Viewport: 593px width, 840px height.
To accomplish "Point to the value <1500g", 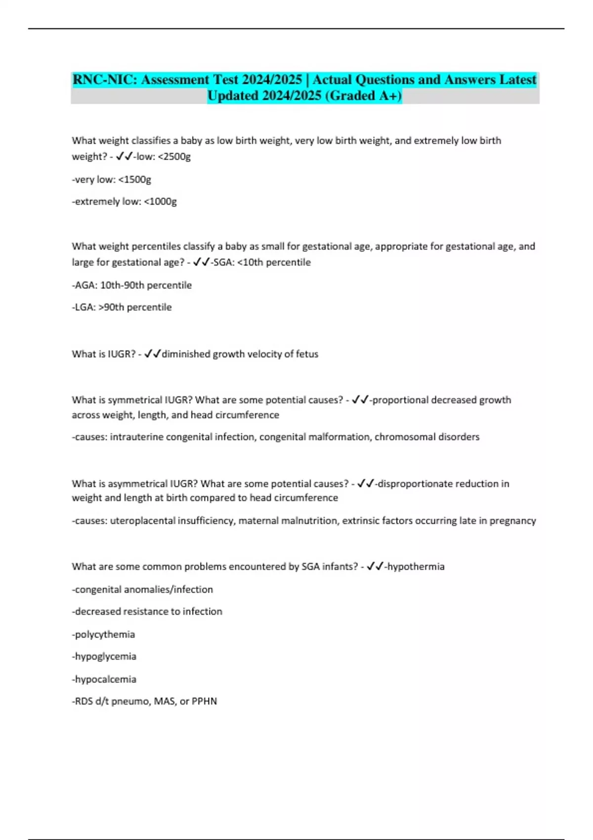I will pyautogui.click(x=134, y=179).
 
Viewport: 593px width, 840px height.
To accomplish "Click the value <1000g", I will pyautogui.click(x=160, y=202).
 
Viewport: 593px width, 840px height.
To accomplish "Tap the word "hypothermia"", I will pyautogui.click(x=416, y=566).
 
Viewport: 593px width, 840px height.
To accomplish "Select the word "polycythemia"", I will pyautogui.click(x=105, y=634).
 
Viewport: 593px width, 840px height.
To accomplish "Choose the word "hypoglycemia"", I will pyautogui.click(x=105, y=656).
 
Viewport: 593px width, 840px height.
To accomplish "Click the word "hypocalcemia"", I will pyautogui.click(x=105, y=679).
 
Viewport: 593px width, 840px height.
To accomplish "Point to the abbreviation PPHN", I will pyautogui.click(x=204, y=701).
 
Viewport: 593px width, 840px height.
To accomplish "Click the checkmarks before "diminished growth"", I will pyautogui.click(x=153, y=354).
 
